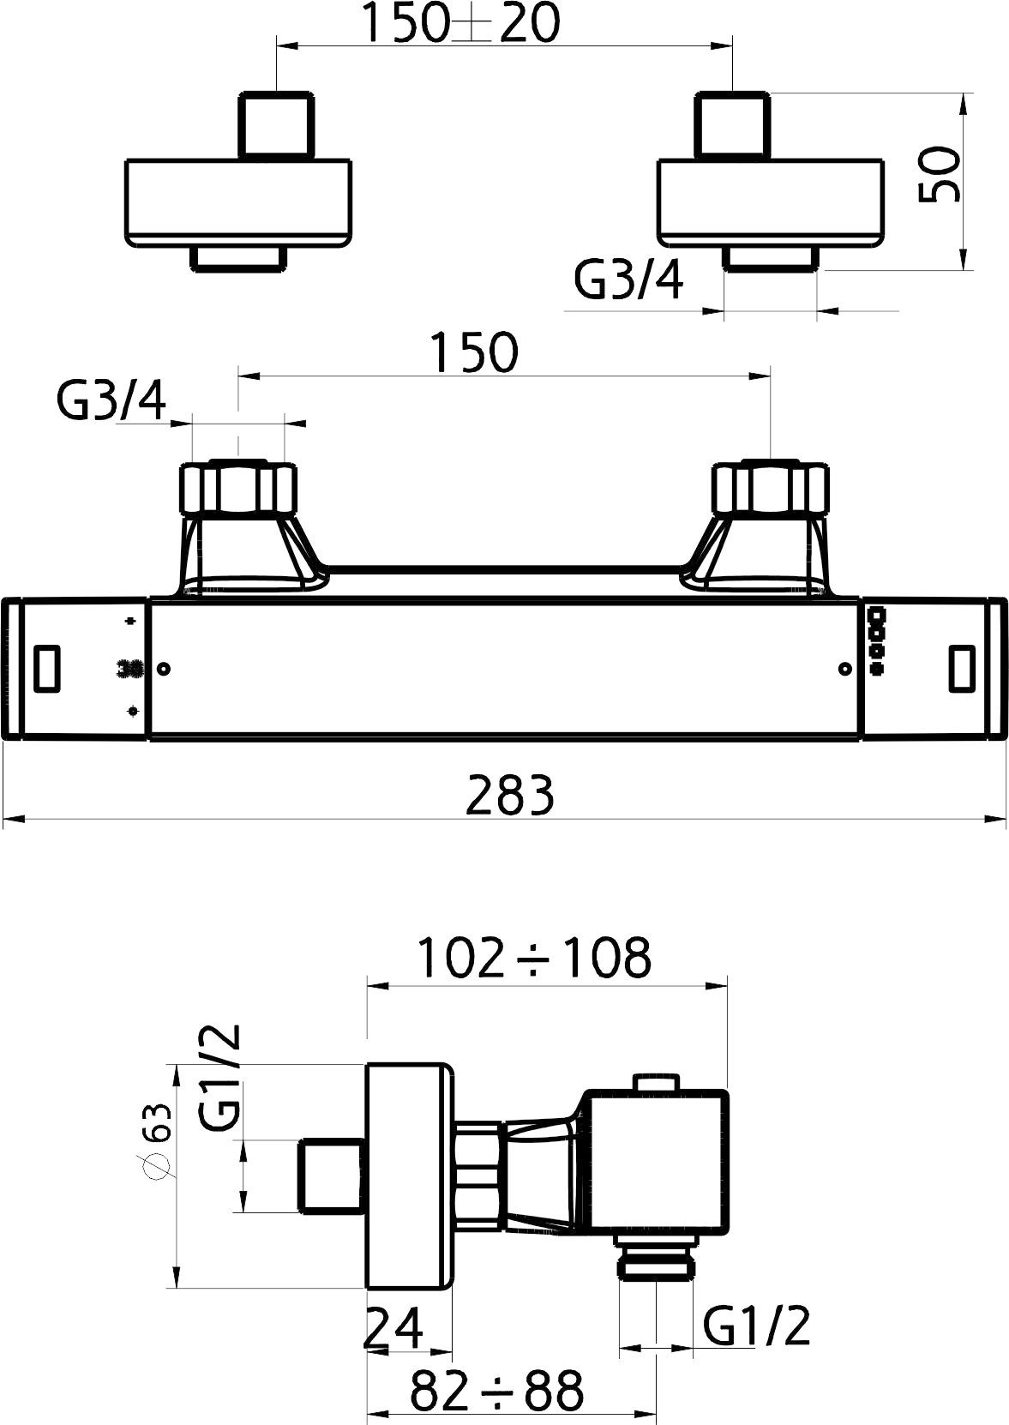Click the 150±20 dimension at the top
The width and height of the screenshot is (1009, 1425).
coord(463,23)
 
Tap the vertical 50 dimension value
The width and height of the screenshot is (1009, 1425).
coord(939,174)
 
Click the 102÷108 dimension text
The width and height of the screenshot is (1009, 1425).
coord(534,957)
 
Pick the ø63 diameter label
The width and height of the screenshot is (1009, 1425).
coord(157,1142)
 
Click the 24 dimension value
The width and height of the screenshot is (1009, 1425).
coord(393,1327)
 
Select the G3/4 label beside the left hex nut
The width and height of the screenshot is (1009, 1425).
coord(111,400)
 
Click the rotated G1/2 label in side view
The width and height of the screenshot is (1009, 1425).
coord(220,1076)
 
